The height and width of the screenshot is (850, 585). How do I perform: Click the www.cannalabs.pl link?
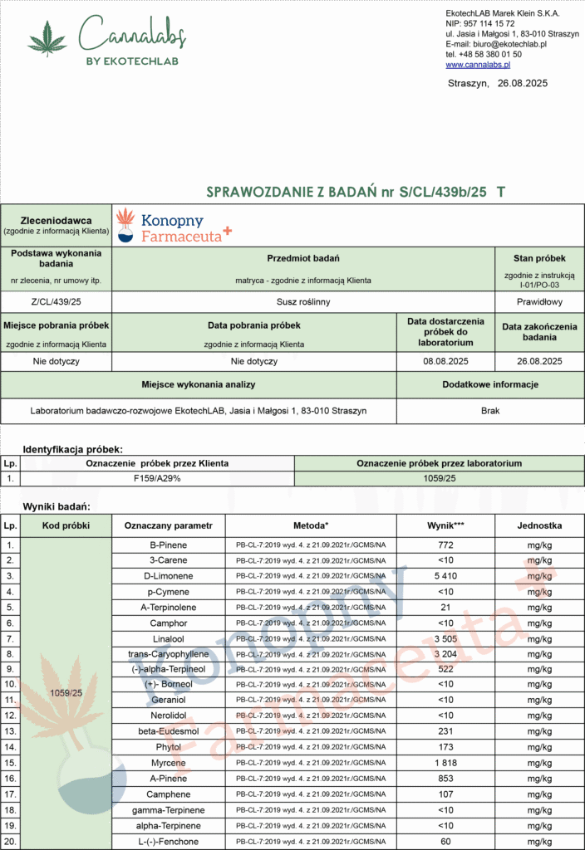(478, 64)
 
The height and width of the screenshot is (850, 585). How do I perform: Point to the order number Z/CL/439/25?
(57, 301)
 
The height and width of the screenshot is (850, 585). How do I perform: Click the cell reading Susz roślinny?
(303, 301)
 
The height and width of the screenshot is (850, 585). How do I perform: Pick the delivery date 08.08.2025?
(445, 361)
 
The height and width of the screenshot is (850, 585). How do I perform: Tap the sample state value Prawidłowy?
(539, 301)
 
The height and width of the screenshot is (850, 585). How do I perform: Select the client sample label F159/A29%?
(157, 479)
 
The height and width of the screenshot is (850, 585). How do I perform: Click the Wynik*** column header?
(445, 525)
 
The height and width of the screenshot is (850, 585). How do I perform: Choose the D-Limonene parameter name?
(169, 576)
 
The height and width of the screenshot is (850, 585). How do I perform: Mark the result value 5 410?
(445, 576)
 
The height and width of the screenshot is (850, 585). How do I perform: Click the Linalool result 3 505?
(445, 638)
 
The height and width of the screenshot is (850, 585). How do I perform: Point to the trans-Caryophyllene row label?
(169, 654)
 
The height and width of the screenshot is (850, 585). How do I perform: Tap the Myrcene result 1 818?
(445, 763)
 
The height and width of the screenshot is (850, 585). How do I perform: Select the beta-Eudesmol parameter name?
(169, 731)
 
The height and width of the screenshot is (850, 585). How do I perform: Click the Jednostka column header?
(539, 525)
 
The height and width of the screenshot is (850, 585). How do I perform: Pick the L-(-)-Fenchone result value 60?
(445, 841)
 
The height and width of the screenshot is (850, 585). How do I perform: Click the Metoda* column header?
(311, 525)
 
